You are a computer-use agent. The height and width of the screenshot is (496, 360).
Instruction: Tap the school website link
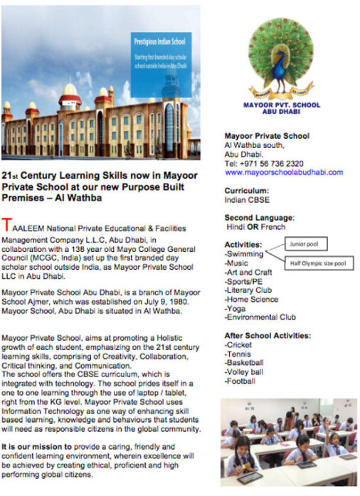(274, 172)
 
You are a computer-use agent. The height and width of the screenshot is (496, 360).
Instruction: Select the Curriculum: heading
(246, 191)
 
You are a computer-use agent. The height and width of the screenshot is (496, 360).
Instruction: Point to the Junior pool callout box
(307, 244)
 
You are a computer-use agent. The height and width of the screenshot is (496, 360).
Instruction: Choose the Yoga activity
(235, 309)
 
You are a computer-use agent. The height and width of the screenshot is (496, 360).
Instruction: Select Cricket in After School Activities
(238, 345)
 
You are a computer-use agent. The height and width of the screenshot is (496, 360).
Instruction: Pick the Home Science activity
(251, 300)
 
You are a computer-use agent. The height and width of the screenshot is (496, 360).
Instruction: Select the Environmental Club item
(260, 318)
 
